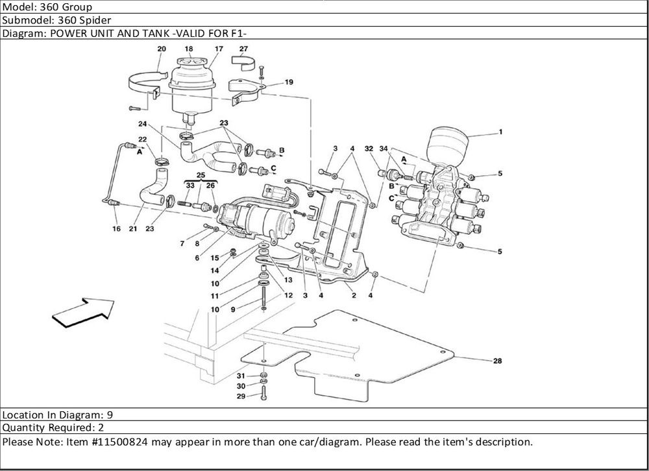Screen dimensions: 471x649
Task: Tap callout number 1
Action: point(500,132)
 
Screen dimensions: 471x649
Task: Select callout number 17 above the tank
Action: point(219,49)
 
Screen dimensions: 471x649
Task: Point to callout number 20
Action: point(161,49)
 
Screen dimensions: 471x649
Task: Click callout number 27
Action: point(243,49)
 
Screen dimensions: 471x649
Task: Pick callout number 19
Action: point(289,82)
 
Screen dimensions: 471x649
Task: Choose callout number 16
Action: point(116,229)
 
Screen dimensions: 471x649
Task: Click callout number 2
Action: point(354,296)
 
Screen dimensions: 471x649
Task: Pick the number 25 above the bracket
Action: point(201,175)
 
